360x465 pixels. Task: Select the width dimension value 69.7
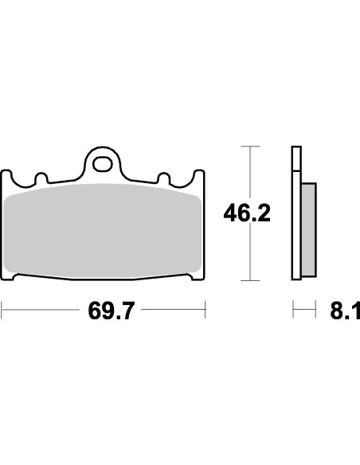pyautogui.click(x=104, y=310)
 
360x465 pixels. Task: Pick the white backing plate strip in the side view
pyautogui.click(x=296, y=215)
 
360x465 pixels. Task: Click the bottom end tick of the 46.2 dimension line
pyautogui.click(x=251, y=280)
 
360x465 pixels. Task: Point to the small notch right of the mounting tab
pyautogui.click(x=165, y=177)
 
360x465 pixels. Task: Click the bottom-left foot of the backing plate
pyautogui.click(x=14, y=278)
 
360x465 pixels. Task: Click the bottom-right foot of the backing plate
pyautogui.click(x=195, y=278)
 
